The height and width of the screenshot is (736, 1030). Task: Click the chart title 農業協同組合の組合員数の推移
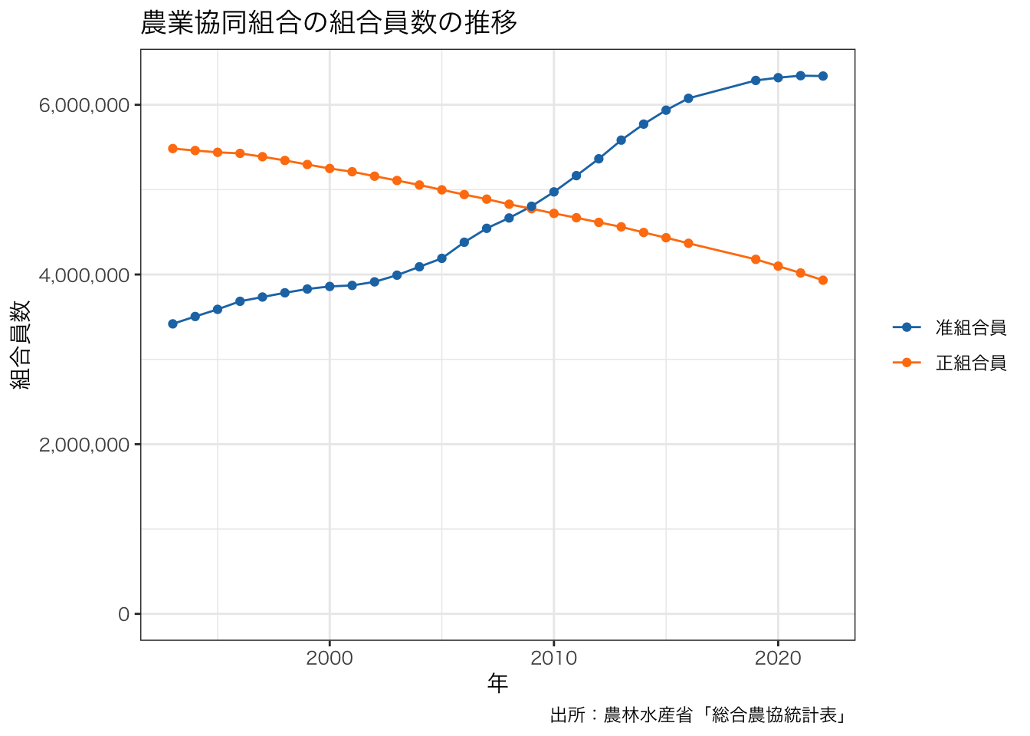click(x=329, y=23)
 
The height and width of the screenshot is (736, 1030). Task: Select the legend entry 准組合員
click(x=970, y=328)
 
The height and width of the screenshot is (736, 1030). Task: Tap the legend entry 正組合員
click(x=970, y=363)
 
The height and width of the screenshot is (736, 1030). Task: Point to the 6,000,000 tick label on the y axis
click(x=84, y=105)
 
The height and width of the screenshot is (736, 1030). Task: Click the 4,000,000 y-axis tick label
click(x=84, y=274)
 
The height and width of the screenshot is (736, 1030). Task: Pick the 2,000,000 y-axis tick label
click(x=84, y=445)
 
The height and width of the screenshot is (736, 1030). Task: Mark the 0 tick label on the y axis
click(x=123, y=614)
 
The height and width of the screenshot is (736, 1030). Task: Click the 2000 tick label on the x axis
click(x=330, y=658)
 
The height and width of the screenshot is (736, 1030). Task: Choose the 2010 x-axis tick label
click(x=553, y=658)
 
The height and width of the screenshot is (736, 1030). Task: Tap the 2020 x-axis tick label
click(x=778, y=658)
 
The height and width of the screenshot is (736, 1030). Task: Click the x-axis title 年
click(x=497, y=683)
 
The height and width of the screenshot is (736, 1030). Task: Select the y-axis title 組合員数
click(x=21, y=344)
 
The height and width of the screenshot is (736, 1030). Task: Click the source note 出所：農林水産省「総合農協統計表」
click(x=699, y=715)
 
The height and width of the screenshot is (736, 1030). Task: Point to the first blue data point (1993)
click(x=172, y=324)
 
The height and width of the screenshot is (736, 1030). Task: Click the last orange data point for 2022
click(x=822, y=281)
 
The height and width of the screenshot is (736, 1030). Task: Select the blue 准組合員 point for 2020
click(x=778, y=77)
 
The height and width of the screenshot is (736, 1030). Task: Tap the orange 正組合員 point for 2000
click(x=330, y=168)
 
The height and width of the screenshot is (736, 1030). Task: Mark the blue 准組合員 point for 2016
click(x=688, y=98)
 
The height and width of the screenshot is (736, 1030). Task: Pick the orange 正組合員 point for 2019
click(x=756, y=259)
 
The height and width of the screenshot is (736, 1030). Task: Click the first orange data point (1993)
click(x=172, y=149)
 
